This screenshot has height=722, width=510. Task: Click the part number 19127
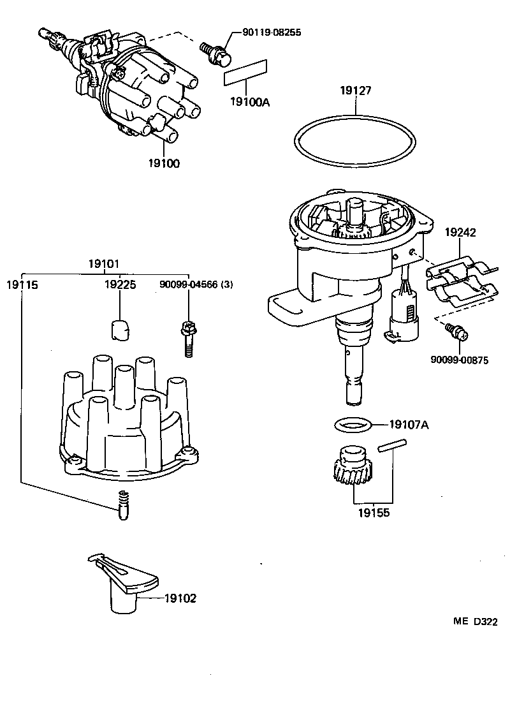coord(355,92)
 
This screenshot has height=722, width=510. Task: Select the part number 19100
coord(163,163)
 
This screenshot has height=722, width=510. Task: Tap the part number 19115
coord(22,284)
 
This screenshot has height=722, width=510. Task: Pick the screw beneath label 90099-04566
coord(187,338)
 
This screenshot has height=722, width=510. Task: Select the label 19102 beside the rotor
coord(180,598)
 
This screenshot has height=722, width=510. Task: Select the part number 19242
coord(460,233)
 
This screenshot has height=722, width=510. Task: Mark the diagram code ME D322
coord(475,621)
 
